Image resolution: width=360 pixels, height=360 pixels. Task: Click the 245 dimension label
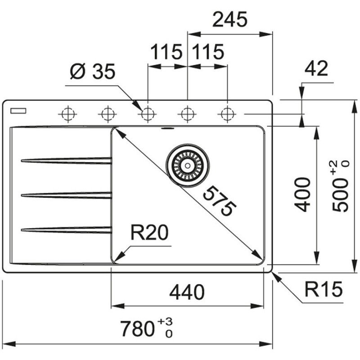click(x=230, y=20)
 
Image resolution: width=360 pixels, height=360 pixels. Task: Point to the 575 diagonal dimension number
click(x=219, y=202)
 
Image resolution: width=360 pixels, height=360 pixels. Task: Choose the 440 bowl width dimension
click(x=186, y=292)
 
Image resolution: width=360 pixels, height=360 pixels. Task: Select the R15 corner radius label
click(x=322, y=288)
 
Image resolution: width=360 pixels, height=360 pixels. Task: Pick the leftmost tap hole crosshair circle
click(x=67, y=114)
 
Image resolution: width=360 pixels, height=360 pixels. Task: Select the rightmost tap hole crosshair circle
click(x=226, y=114)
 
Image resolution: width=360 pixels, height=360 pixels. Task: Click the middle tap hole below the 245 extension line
click(x=187, y=114)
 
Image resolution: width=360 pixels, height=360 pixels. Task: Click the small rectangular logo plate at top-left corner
click(x=19, y=109)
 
